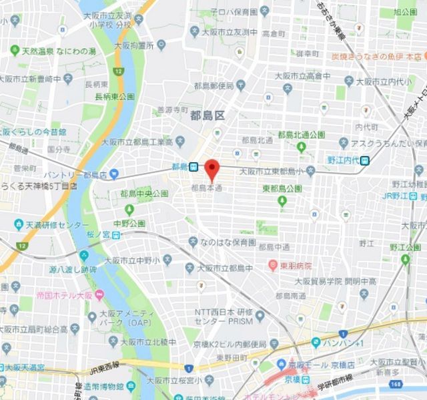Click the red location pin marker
click(x=212, y=170)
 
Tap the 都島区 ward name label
click(x=207, y=116)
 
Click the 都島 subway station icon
click(x=193, y=166)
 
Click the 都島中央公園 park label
click(x=144, y=193)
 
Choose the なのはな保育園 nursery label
click(x=230, y=242)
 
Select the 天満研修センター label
click(x=51, y=226)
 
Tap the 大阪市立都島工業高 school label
click(x=136, y=142)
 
